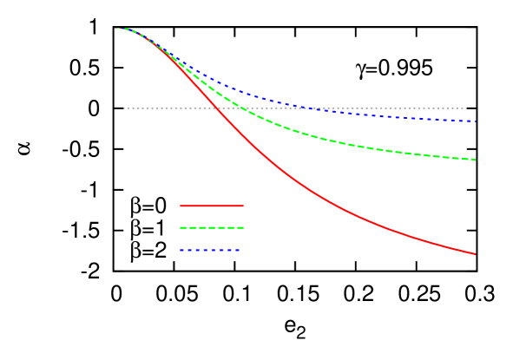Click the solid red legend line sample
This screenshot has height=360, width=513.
(x=212, y=206)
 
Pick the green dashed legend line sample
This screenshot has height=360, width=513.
(x=212, y=227)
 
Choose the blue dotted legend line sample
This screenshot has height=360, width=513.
(x=210, y=250)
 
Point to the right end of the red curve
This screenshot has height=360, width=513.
(x=475, y=254)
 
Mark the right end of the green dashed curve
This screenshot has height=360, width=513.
(x=475, y=160)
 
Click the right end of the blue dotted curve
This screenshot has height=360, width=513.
(x=475, y=121)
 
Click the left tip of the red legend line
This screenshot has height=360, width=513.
(x=181, y=206)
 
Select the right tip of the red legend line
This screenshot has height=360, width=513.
(x=242, y=206)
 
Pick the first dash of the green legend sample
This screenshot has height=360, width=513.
(x=184, y=227)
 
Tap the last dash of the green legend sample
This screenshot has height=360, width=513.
(x=240, y=227)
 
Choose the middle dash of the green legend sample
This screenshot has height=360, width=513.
(x=212, y=227)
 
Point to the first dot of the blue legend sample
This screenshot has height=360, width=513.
(x=182, y=250)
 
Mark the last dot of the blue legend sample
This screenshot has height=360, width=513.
(x=237, y=250)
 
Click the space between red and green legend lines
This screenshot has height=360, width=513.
(x=212, y=217)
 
